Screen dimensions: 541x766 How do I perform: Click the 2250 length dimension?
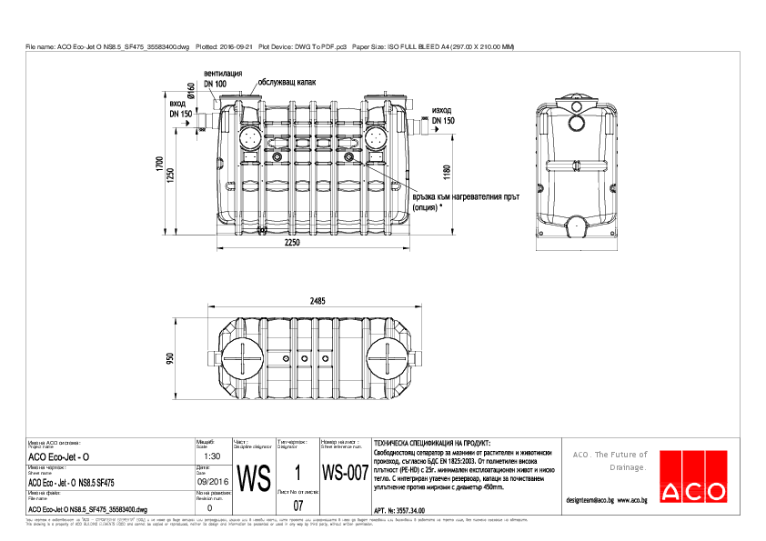(291, 245)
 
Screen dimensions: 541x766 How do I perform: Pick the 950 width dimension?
(169, 359)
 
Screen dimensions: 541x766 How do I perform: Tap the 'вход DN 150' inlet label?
(180, 110)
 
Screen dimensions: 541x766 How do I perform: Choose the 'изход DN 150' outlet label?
(443, 115)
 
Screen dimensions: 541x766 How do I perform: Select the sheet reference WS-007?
(345, 474)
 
